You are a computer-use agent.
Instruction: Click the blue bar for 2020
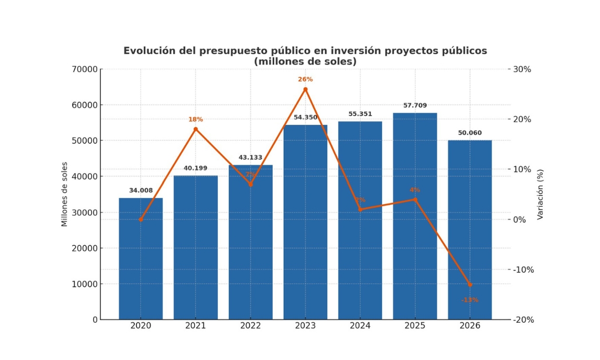[x=141, y=258]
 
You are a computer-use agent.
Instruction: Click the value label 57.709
[x=415, y=106]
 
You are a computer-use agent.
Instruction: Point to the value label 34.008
[x=141, y=191]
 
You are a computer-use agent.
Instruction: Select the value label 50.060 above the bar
[x=469, y=133]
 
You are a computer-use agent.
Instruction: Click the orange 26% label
[x=305, y=79]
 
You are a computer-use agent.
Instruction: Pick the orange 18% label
[x=195, y=119]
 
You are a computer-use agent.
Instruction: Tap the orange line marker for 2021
[x=195, y=129]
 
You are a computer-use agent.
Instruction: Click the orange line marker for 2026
[x=469, y=285]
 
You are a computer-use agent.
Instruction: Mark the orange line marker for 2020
[x=141, y=219]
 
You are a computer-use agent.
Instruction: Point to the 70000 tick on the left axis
[x=85, y=69]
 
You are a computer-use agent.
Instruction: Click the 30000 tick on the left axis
[x=85, y=213]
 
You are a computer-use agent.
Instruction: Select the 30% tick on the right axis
[x=522, y=69]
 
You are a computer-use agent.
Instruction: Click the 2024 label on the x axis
[x=360, y=326]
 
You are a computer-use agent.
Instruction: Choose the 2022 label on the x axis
[x=250, y=326]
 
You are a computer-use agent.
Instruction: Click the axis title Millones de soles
[x=65, y=194]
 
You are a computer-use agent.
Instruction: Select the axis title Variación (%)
[x=540, y=194]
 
